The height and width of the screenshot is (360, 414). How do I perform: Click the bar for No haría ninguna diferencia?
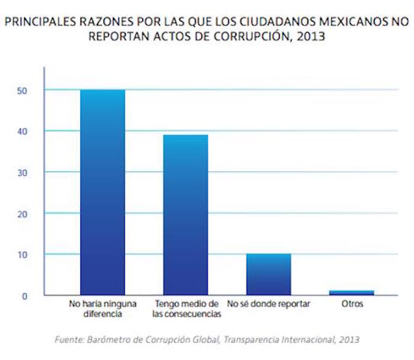tap(102, 192)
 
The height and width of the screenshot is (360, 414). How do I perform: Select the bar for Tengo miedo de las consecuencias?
tap(186, 215)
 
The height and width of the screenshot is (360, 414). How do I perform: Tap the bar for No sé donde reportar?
tap(269, 274)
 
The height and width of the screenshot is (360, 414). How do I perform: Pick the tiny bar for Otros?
tap(352, 293)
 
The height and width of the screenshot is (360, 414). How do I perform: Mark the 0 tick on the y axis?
tap(25, 296)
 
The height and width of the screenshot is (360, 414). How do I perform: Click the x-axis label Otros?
tap(352, 304)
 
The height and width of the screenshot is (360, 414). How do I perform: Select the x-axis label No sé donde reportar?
tap(269, 304)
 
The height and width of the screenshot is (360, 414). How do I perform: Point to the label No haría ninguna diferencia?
tap(103, 309)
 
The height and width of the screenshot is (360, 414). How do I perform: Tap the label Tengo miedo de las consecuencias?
tap(186, 309)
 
